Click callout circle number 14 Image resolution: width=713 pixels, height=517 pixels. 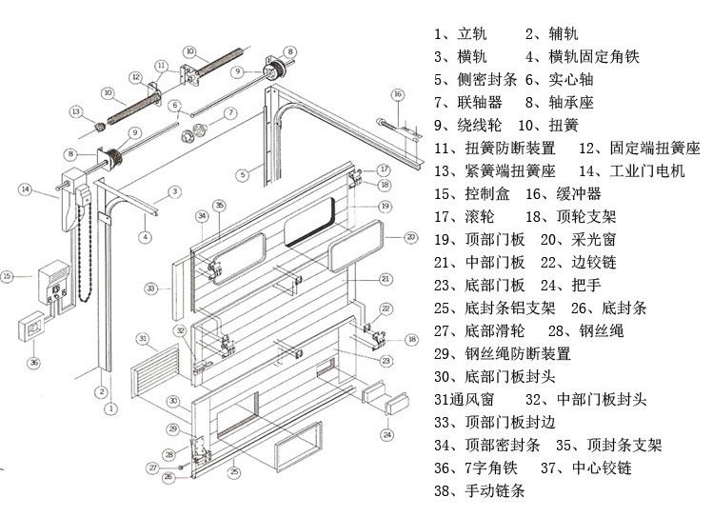coord(25,189)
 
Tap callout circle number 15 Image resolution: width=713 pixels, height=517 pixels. coord(9,277)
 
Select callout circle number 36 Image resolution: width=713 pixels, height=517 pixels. coord(34,362)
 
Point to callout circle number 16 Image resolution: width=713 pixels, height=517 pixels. coord(397,93)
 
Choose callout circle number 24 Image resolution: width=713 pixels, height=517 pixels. coord(386,435)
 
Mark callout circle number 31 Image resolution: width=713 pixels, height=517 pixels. coord(142,338)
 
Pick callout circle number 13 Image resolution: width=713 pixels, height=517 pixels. coord(75,112)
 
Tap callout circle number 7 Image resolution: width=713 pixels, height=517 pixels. coord(230,112)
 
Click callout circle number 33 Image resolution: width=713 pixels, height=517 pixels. coord(150,287)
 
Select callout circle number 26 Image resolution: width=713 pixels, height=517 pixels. coord(168,476)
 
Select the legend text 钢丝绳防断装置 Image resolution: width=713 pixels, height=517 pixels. coord(518,353)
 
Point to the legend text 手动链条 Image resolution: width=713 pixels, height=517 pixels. coord(494,490)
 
